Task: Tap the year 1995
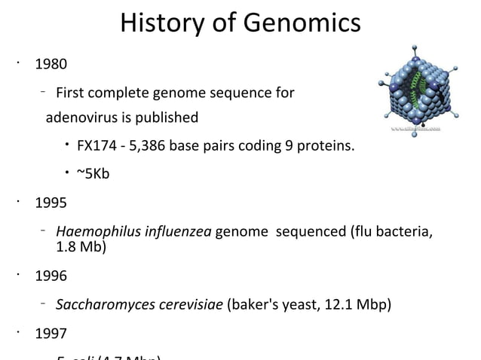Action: (x=51, y=203)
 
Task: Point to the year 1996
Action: (x=51, y=276)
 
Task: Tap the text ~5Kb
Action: (x=93, y=175)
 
